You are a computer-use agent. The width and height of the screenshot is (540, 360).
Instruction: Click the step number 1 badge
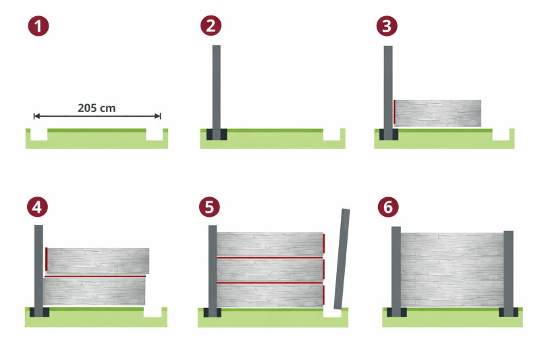(38, 26)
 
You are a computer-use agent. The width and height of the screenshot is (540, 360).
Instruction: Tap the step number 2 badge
(211, 26)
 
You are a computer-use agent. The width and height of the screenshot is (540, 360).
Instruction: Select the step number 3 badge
(387, 26)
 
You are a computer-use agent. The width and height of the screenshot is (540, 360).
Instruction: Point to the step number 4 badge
(37, 207)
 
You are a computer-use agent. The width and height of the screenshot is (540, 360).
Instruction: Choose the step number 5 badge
(209, 207)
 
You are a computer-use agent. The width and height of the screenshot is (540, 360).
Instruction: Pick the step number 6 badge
(388, 207)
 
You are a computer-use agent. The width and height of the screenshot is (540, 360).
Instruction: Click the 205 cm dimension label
(97, 108)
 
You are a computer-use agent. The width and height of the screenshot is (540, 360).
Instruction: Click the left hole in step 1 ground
(39, 134)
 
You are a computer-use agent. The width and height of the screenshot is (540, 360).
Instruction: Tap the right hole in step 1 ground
(155, 134)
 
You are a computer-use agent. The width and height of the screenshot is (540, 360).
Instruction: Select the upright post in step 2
(216, 93)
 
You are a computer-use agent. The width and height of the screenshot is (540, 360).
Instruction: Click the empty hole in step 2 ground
(331, 134)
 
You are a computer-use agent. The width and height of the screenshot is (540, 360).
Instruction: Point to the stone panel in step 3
(437, 113)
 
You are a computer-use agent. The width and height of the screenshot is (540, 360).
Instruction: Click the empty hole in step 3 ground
(501, 134)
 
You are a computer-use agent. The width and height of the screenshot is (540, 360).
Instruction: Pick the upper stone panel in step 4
(98, 261)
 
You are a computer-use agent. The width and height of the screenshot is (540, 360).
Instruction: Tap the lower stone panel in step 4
(94, 291)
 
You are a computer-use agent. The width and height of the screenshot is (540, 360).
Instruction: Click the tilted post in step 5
(342, 259)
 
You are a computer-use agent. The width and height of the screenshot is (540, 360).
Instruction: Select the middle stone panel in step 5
(270, 270)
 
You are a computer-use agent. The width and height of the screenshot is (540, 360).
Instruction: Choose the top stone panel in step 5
(270, 245)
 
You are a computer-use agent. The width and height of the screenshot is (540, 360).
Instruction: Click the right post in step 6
(508, 274)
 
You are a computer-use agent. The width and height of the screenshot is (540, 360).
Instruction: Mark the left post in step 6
(396, 272)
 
